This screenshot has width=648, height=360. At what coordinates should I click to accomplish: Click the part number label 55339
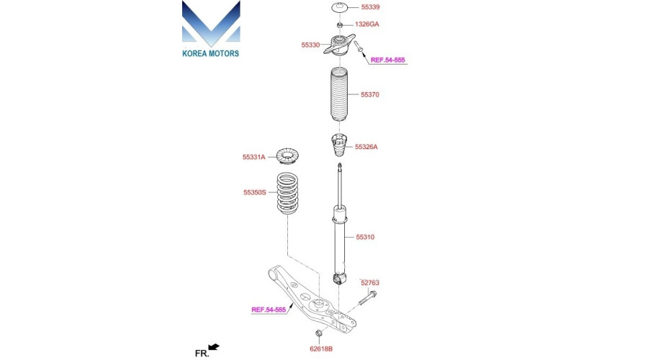pyautogui.click(x=370, y=7)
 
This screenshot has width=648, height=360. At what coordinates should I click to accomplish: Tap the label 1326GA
pyautogui.click(x=367, y=24)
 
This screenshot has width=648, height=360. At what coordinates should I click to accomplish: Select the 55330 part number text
pyautogui.click(x=310, y=45)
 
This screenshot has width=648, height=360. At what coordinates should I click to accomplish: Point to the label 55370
pyautogui.click(x=370, y=94)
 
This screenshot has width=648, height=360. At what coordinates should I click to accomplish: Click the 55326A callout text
pyautogui.click(x=366, y=147)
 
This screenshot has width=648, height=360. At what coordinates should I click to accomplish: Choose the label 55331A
pyautogui.click(x=253, y=157)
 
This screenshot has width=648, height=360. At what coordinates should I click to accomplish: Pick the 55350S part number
pyautogui.click(x=255, y=192)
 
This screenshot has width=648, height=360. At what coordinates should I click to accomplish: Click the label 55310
pyautogui.click(x=365, y=237)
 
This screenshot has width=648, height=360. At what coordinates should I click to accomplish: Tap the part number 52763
pyautogui.click(x=370, y=283)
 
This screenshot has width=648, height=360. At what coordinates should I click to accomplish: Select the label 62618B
pyautogui.click(x=321, y=349)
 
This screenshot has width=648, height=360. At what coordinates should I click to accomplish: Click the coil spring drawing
pyautogui.click(x=287, y=193)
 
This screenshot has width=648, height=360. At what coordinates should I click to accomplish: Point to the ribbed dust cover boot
pyautogui.click(x=339, y=94)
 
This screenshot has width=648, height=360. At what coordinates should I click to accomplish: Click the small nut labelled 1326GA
pyautogui.click(x=339, y=25)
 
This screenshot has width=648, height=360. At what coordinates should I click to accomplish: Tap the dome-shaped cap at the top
pyautogui.click(x=340, y=8)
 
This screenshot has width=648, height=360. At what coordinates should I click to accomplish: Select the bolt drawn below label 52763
pyautogui.click(x=367, y=297)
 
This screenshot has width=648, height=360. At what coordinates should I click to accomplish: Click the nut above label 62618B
pyautogui.click(x=319, y=333)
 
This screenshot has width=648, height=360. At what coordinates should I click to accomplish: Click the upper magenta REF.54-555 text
pyautogui.click(x=387, y=60)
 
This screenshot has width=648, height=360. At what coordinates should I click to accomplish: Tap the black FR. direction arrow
pyautogui.click(x=214, y=347)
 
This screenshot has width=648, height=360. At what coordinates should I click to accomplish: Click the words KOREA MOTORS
pyautogui.click(x=211, y=53)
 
